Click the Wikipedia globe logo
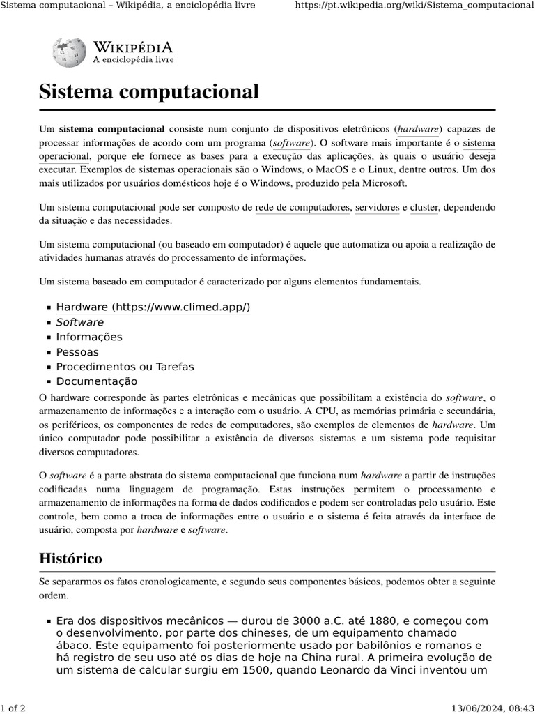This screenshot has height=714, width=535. pyautogui.click(x=69, y=52)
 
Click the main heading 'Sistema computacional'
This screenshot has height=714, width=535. pyautogui.click(x=148, y=91)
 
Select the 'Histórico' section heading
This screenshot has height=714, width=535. pyautogui.click(x=70, y=558)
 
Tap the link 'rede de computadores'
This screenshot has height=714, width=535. pyautogui.click(x=302, y=207)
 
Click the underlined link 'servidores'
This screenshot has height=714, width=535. pyautogui.click(x=377, y=207)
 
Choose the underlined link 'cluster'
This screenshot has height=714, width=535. pyautogui.click(x=424, y=207)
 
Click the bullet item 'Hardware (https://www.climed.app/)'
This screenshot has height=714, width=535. pyautogui.click(x=153, y=307)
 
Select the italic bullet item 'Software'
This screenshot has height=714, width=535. pyautogui.click(x=79, y=322)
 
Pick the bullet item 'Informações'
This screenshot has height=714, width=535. pyautogui.click(x=88, y=337)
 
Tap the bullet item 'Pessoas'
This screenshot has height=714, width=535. pyautogui.click(x=77, y=352)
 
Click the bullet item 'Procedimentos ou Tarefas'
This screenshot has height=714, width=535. pyautogui.click(x=125, y=367)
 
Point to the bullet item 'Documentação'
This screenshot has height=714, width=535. pyautogui.click(x=96, y=381)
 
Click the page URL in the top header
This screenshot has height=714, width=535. pyautogui.click(x=414, y=6)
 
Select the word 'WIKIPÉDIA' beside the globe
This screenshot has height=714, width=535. pyautogui.click(x=133, y=47)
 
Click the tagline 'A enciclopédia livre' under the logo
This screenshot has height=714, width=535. pyautogui.click(x=133, y=60)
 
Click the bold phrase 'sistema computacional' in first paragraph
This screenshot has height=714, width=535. pyautogui.click(x=111, y=129)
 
